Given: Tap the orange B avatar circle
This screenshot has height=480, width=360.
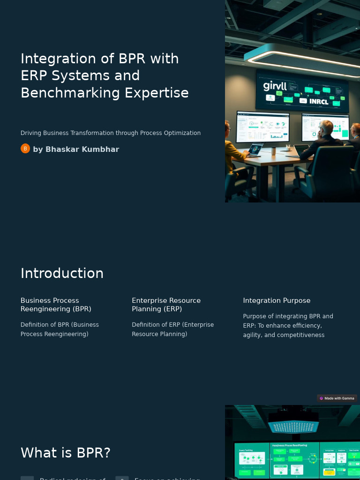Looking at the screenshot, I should [x=25, y=149].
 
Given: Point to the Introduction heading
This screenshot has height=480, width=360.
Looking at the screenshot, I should [x=62, y=273].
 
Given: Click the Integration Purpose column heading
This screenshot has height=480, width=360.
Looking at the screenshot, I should [x=277, y=300].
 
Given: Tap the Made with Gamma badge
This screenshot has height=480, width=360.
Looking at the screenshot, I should [x=337, y=398].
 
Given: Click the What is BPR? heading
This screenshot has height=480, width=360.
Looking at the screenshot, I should [x=66, y=453].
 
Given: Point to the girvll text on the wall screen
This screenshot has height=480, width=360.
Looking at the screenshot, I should [x=275, y=85].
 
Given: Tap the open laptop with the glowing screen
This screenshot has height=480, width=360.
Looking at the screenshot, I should [x=255, y=149].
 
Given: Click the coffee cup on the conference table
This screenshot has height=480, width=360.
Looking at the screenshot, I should [x=273, y=151].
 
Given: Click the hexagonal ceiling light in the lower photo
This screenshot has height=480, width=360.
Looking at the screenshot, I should [x=293, y=426].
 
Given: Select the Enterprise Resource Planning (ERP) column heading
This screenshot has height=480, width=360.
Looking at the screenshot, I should [x=166, y=305].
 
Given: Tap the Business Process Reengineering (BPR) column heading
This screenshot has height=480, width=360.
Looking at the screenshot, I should [x=56, y=305].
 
